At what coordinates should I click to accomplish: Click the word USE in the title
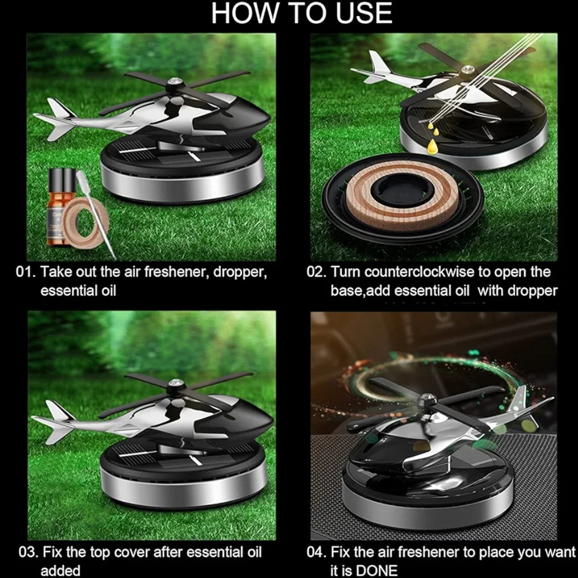363,13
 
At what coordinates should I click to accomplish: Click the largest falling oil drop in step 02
431,147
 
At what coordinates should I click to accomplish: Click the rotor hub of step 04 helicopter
428,400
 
